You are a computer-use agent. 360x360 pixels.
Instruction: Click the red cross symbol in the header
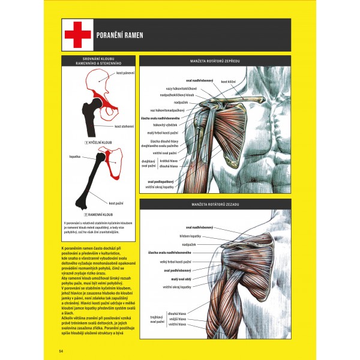(x=76, y=34)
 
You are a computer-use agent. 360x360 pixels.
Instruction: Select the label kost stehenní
(x=124, y=127)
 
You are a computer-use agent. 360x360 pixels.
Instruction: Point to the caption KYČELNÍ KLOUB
(x=100, y=143)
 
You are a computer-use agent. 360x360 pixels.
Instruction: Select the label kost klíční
(x=228, y=82)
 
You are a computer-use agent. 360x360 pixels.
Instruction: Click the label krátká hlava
(x=184, y=161)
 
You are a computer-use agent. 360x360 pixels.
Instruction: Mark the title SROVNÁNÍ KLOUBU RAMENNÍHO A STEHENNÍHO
(x=100, y=61)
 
